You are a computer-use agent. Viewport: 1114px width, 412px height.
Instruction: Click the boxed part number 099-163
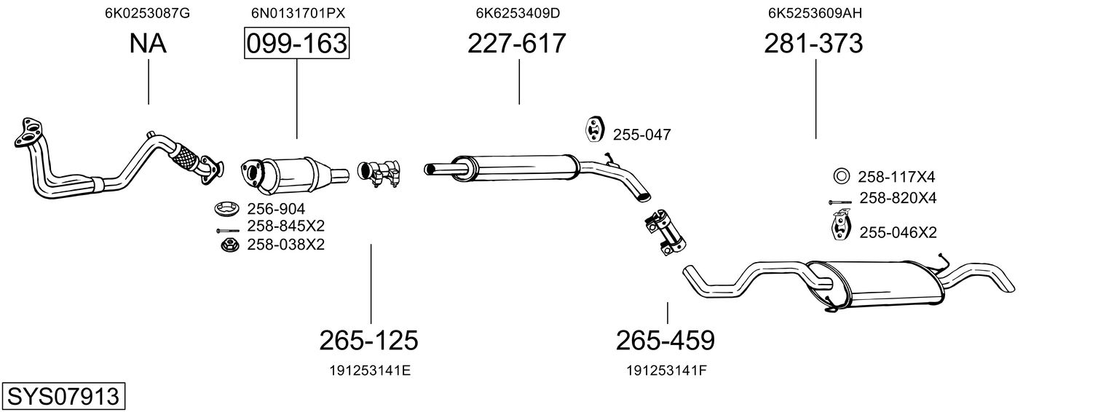pos(296,43)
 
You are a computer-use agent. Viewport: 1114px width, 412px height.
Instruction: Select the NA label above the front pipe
pos(148,43)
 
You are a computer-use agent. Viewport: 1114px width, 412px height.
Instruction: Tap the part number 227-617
pos(517,43)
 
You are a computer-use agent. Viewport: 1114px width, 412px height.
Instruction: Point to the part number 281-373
pos(813,43)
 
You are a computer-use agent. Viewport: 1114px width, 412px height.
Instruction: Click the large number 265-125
pos(368,341)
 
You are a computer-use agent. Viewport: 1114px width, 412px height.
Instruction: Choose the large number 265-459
pos(665,341)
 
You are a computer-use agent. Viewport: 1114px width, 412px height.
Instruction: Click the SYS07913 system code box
pos(63,397)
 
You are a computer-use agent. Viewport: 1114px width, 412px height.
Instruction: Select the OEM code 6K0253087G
pos(147,13)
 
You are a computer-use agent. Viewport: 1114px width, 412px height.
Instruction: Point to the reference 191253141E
pos(371,371)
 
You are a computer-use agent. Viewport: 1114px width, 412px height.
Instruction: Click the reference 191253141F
pos(667,371)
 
